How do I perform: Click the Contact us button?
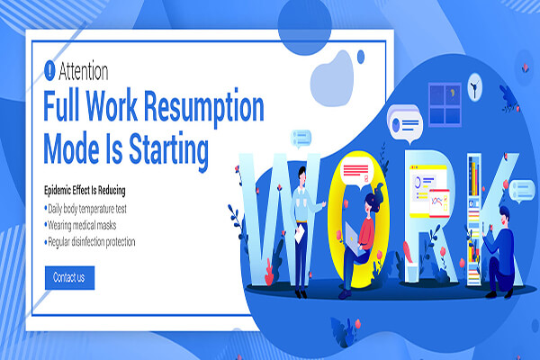(69, 278)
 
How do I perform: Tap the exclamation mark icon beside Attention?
(49, 70)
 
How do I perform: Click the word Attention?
(84, 71)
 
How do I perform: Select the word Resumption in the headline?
(204, 107)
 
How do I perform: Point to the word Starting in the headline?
(169, 150)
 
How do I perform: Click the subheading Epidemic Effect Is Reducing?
(85, 190)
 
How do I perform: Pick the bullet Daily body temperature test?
(85, 209)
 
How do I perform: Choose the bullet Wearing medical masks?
(80, 225)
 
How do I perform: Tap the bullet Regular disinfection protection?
(89, 242)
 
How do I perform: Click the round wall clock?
(475, 86)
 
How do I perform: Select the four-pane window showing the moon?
(445, 104)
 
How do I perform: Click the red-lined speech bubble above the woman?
(357, 174)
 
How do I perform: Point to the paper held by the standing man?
(300, 234)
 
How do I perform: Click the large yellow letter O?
(358, 220)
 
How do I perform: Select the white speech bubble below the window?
(405, 124)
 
